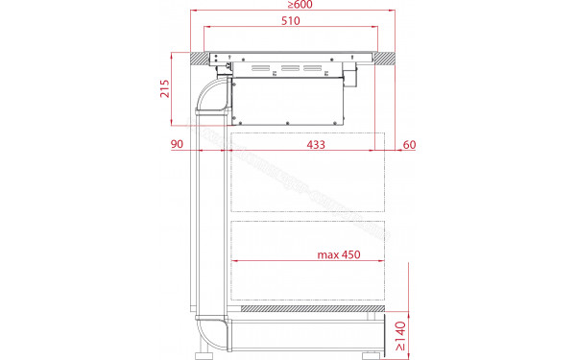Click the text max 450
coord(338,254)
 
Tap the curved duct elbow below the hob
coord(210,100)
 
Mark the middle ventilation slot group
coord(289,69)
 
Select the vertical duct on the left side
coord(211,221)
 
